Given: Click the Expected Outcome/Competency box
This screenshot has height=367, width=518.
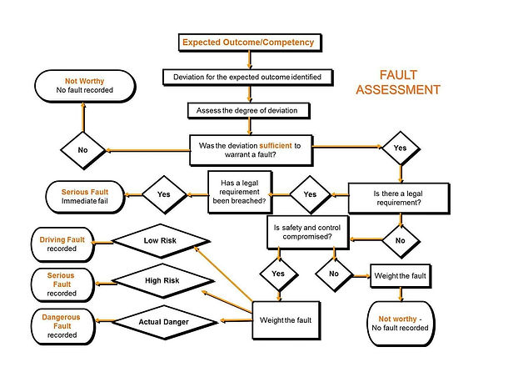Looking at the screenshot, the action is pyautogui.click(x=250, y=43).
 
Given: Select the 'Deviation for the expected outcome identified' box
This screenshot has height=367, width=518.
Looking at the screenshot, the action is pyautogui.click(x=247, y=77).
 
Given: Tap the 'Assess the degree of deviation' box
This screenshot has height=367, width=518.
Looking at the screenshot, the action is pyautogui.click(x=248, y=111).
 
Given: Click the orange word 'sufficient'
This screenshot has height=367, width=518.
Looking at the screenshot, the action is pyautogui.click(x=276, y=146).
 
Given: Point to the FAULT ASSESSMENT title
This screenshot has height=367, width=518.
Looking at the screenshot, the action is pyautogui.click(x=398, y=83).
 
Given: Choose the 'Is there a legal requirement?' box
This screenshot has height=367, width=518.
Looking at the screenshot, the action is pyautogui.click(x=399, y=199).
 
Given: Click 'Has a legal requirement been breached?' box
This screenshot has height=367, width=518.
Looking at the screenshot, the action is pyautogui.click(x=240, y=192).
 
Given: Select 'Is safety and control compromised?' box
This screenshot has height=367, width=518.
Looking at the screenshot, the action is pyautogui.click(x=307, y=233).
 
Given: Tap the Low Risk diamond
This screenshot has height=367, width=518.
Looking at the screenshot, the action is pyautogui.click(x=161, y=241).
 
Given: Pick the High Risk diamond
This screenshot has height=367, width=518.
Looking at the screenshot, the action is pyautogui.click(x=163, y=281).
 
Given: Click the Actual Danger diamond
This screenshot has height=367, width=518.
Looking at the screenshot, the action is pyautogui.click(x=164, y=322).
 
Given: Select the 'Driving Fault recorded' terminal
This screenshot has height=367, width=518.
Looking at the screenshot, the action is pyautogui.click(x=62, y=244).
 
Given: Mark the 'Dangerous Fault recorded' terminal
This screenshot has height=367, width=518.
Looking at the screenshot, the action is pyautogui.click(x=62, y=326).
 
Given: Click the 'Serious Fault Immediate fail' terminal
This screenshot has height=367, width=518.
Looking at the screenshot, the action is pyautogui.click(x=85, y=197).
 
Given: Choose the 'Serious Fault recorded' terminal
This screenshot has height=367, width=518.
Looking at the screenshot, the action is pyautogui.click(x=62, y=284).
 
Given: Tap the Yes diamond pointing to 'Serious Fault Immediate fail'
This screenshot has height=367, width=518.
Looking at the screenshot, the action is pyautogui.click(x=164, y=194).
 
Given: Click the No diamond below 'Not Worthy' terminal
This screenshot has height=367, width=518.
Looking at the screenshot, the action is pyautogui.click(x=83, y=150).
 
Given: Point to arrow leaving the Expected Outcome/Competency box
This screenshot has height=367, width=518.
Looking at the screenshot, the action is pyautogui.click(x=250, y=60).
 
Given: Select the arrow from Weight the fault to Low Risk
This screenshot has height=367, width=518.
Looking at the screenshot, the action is pyautogui.click(x=223, y=274).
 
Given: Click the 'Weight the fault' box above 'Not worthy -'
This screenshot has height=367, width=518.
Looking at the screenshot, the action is pyautogui.click(x=401, y=276).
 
